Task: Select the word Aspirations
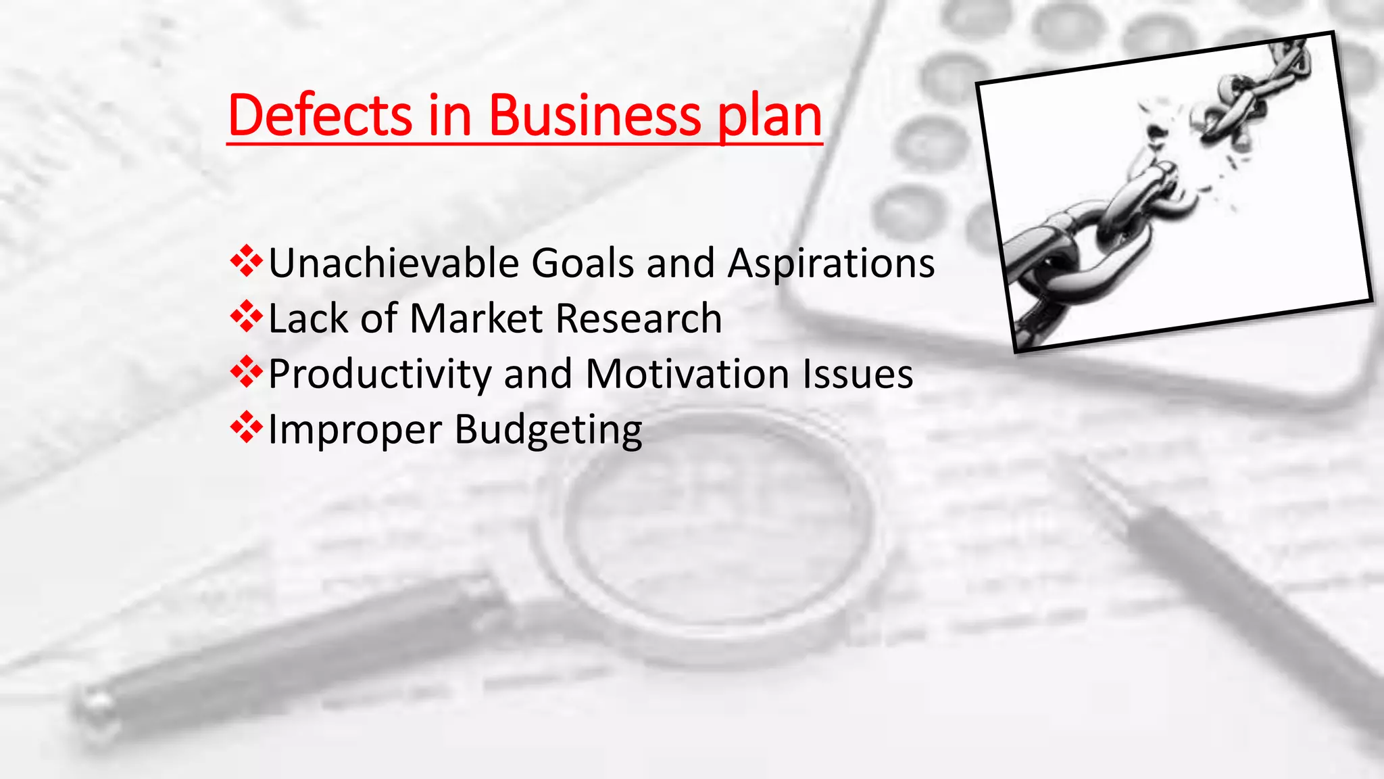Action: coord(831,264)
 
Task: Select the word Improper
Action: coord(355,430)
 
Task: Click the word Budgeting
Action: coord(548,431)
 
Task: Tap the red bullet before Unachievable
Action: coord(246,261)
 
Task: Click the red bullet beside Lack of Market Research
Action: coord(246,316)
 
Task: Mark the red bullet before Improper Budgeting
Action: coord(246,427)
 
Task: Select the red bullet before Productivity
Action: coord(246,372)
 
